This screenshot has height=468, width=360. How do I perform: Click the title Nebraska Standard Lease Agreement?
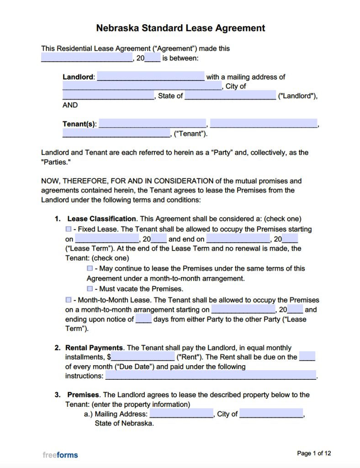click(180, 28)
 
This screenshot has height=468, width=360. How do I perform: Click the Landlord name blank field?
click(151, 77)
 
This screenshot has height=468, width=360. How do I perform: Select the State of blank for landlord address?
click(230, 96)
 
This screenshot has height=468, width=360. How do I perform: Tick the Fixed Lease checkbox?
click(69, 229)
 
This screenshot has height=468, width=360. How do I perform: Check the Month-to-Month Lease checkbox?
click(69, 300)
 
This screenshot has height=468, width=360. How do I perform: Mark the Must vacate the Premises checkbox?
click(90, 289)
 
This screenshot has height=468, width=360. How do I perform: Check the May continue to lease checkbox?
click(90, 269)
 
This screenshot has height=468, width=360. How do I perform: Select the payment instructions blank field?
click(211, 376)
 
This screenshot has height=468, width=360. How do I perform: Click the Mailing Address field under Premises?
click(181, 414)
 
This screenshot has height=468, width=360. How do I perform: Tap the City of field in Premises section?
click(271, 414)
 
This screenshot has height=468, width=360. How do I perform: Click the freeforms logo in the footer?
click(60, 455)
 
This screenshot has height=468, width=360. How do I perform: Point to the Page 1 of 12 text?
click(314, 453)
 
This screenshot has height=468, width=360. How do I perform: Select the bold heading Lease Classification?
click(101, 219)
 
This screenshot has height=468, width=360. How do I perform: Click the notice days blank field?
click(143, 319)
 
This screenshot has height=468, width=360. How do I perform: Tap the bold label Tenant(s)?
click(79, 124)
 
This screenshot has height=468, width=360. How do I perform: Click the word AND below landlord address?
click(70, 105)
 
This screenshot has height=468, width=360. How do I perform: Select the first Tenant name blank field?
click(152, 123)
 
